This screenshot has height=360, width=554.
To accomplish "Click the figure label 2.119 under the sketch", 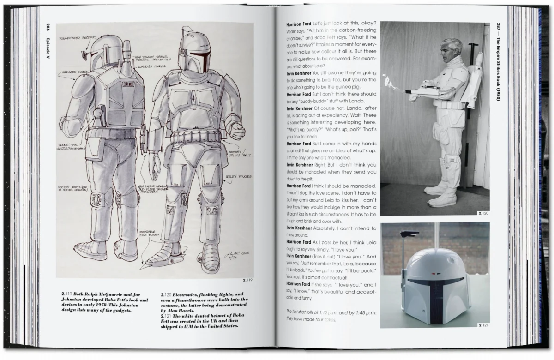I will (246, 280).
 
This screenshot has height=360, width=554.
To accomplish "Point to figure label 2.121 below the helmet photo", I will (483, 325).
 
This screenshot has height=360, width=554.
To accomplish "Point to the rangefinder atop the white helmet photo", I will (408, 235).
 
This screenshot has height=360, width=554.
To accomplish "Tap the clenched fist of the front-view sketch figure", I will (237, 132).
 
